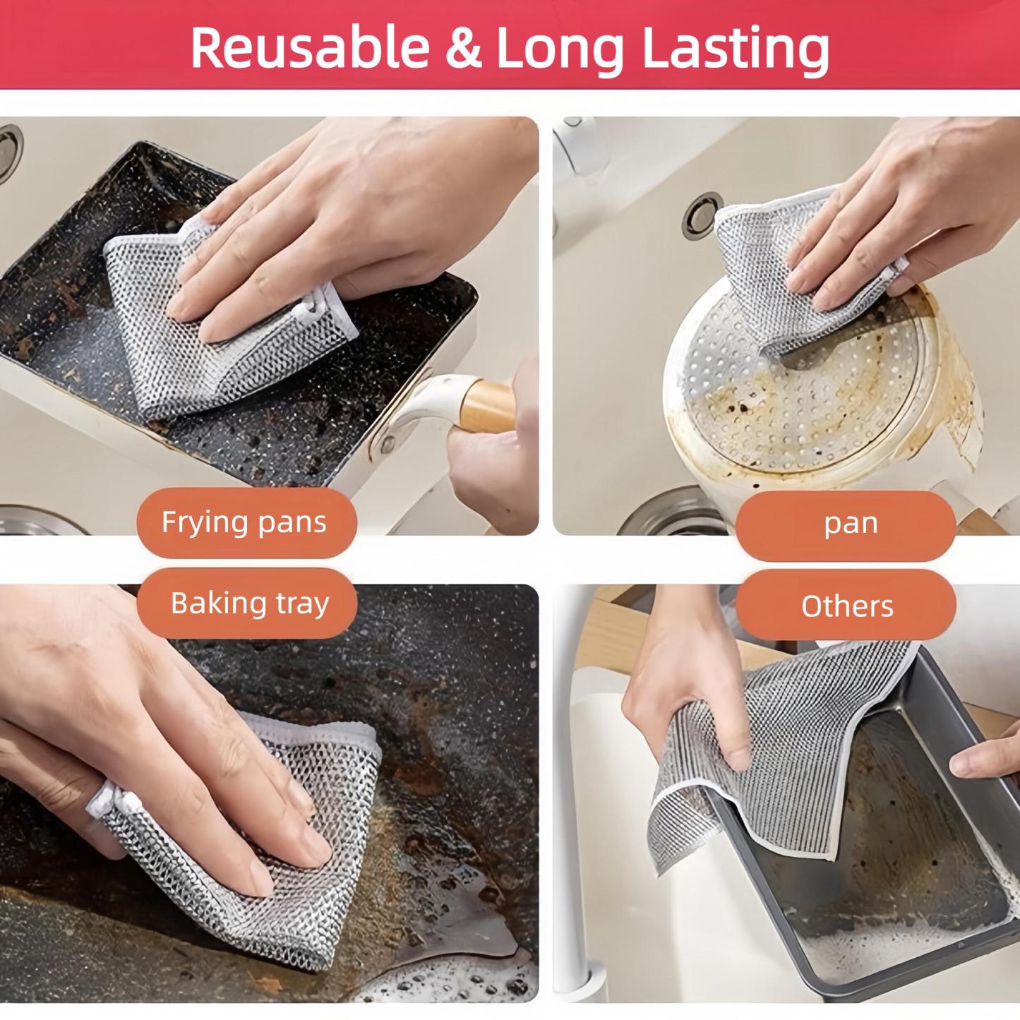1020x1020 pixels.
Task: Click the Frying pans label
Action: (x=244, y=522)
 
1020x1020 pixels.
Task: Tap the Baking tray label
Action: (x=250, y=604)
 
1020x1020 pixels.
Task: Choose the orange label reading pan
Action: (x=851, y=523)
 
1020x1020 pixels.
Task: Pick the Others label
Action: (x=847, y=606)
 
